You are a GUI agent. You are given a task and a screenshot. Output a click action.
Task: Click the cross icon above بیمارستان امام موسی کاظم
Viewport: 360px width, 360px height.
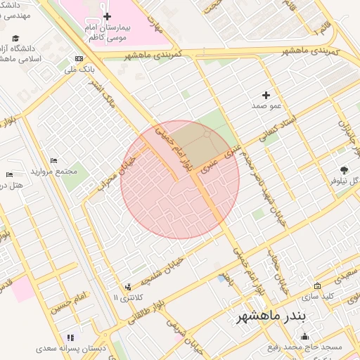pos(107,16)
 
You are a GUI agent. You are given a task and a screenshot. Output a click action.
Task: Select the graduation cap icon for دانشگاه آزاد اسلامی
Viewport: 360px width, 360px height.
pos(15,38)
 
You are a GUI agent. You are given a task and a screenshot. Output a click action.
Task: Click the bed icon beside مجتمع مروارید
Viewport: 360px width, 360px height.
pos(53,161)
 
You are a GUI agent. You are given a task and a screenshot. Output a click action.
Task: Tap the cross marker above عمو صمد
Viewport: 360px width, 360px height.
pos(266,94)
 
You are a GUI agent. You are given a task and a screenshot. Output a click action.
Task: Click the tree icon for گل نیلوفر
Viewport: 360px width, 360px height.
pos(344,169)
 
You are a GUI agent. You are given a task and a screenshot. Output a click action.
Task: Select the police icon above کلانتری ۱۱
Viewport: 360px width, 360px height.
pos(127,286)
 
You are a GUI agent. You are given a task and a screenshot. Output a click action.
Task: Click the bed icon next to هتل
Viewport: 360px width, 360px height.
pos(9,174)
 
